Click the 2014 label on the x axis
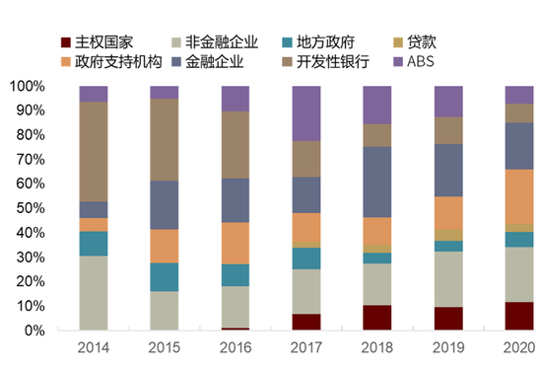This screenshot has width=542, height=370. (x=94, y=347)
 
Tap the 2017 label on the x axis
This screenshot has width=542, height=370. (x=305, y=347)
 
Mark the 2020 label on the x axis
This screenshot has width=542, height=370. (x=518, y=347)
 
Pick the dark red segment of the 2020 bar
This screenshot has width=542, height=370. (x=518, y=316)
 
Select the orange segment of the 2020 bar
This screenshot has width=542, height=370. (x=518, y=197)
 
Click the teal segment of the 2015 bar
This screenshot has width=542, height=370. (x=165, y=276)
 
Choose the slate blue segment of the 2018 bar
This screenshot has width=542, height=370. (x=377, y=182)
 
